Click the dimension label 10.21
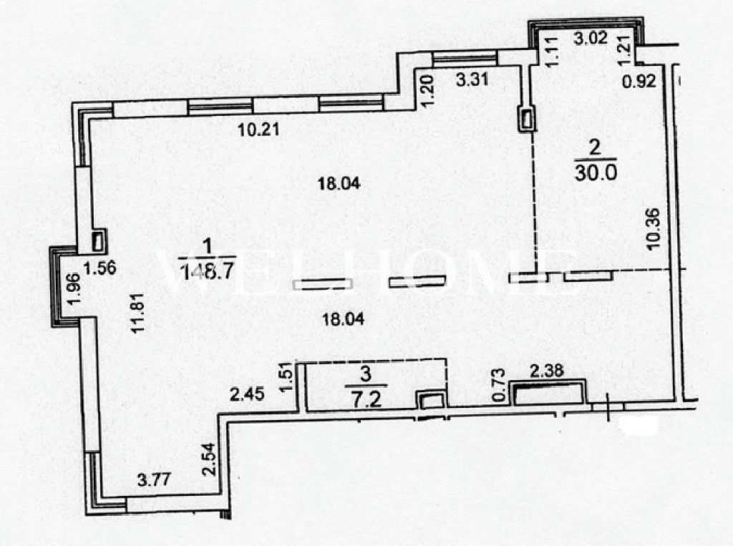pyautogui.click(x=258, y=130)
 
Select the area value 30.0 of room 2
pyautogui.click(x=596, y=173)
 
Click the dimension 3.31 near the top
pyautogui.click(x=472, y=79)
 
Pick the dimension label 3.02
pyautogui.click(x=591, y=37)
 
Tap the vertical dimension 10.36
pyautogui.click(x=653, y=229)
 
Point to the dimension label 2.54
pyautogui.click(x=210, y=459)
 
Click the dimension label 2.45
pyautogui.click(x=247, y=394)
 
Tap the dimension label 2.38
pyautogui.click(x=546, y=371)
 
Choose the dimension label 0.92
pyautogui.click(x=639, y=82)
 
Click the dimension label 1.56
pyautogui.click(x=99, y=268)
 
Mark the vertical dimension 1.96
pyautogui.click(x=74, y=289)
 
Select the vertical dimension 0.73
pyautogui.click(x=499, y=385)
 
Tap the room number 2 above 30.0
pyautogui.click(x=595, y=147)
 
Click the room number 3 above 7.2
pyautogui.click(x=366, y=374)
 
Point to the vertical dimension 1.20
pyautogui.click(x=429, y=92)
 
